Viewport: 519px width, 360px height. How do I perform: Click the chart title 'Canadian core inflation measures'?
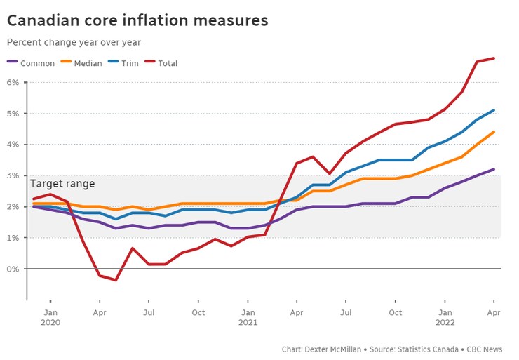137,20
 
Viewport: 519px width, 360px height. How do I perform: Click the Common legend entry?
31,63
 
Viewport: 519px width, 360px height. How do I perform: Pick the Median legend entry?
81,63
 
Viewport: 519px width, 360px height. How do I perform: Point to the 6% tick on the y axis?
13,82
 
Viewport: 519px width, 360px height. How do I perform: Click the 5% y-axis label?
13,114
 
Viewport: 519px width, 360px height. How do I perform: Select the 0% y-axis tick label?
13,269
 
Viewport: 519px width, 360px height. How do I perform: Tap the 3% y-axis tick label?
13,175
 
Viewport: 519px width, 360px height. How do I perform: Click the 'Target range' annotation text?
62,184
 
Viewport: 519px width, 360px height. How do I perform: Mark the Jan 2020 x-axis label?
50,317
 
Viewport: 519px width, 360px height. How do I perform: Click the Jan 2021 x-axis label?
248,317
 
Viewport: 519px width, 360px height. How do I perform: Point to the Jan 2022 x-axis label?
445,317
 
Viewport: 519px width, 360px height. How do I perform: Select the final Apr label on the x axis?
494,312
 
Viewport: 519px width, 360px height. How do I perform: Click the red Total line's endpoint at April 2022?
494,58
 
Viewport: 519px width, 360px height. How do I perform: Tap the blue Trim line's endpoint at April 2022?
494,110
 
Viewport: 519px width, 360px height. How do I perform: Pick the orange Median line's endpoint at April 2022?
494,132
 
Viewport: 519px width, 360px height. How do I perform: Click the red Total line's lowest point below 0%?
115,280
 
